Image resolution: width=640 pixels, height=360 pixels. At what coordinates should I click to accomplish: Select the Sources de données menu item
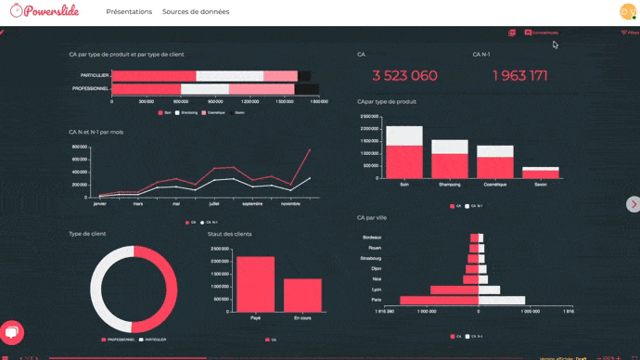(196, 12)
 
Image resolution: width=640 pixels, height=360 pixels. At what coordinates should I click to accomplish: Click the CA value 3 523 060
(404, 75)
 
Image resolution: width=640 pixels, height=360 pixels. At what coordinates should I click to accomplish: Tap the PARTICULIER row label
(95, 75)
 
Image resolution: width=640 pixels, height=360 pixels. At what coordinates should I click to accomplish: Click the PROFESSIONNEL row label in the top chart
(91, 88)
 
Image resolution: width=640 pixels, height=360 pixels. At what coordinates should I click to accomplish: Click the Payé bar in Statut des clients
(255, 284)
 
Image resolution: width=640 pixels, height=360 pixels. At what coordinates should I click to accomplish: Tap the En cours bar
(302, 295)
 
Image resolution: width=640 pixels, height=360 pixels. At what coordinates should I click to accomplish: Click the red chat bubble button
(12, 333)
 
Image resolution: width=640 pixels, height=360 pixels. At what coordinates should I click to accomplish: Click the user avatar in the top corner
(627, 12)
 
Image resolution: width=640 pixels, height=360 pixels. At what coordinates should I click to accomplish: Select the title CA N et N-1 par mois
(96, 132)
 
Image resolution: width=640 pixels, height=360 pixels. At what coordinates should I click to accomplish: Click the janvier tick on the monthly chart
(99, 202)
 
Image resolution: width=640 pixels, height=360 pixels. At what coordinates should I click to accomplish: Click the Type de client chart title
(87, 234)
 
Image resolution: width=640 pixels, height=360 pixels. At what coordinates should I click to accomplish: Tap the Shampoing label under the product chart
(449, 185)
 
